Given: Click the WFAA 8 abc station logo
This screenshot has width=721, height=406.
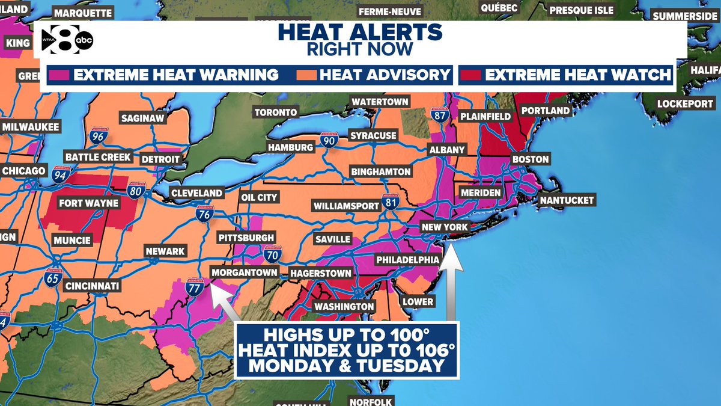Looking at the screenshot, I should coord(67,41).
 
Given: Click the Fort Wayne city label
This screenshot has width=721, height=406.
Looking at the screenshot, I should coord(88,203).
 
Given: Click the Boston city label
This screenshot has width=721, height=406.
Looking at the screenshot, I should coord(530,159).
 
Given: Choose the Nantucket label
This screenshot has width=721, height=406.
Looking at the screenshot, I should coord(566,200).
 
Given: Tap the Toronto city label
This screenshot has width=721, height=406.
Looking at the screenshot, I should coord(276,112).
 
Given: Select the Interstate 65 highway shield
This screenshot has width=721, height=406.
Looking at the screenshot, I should coord(52,278).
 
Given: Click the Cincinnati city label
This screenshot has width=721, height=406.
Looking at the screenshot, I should coord(93,285).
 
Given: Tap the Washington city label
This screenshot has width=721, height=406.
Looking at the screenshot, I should coord(344,307).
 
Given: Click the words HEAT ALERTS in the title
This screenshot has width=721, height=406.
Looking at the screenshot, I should coord(360,31).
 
